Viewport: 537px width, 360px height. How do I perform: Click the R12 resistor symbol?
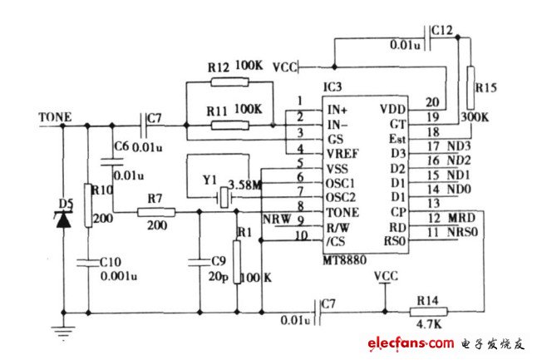coord(230,81)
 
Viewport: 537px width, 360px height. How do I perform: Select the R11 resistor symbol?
coord(230,126)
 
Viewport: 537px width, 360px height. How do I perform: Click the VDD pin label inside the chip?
coord(392,109)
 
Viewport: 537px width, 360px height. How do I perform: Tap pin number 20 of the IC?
coord(431,102)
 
